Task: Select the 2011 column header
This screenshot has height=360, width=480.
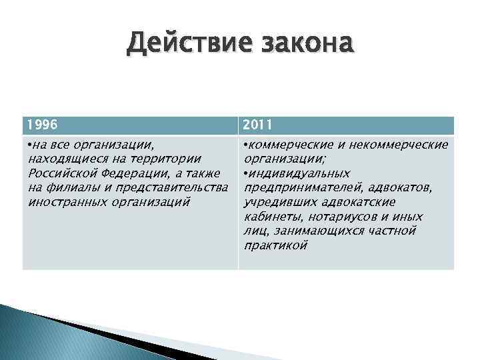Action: click(x=258, y=125)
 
